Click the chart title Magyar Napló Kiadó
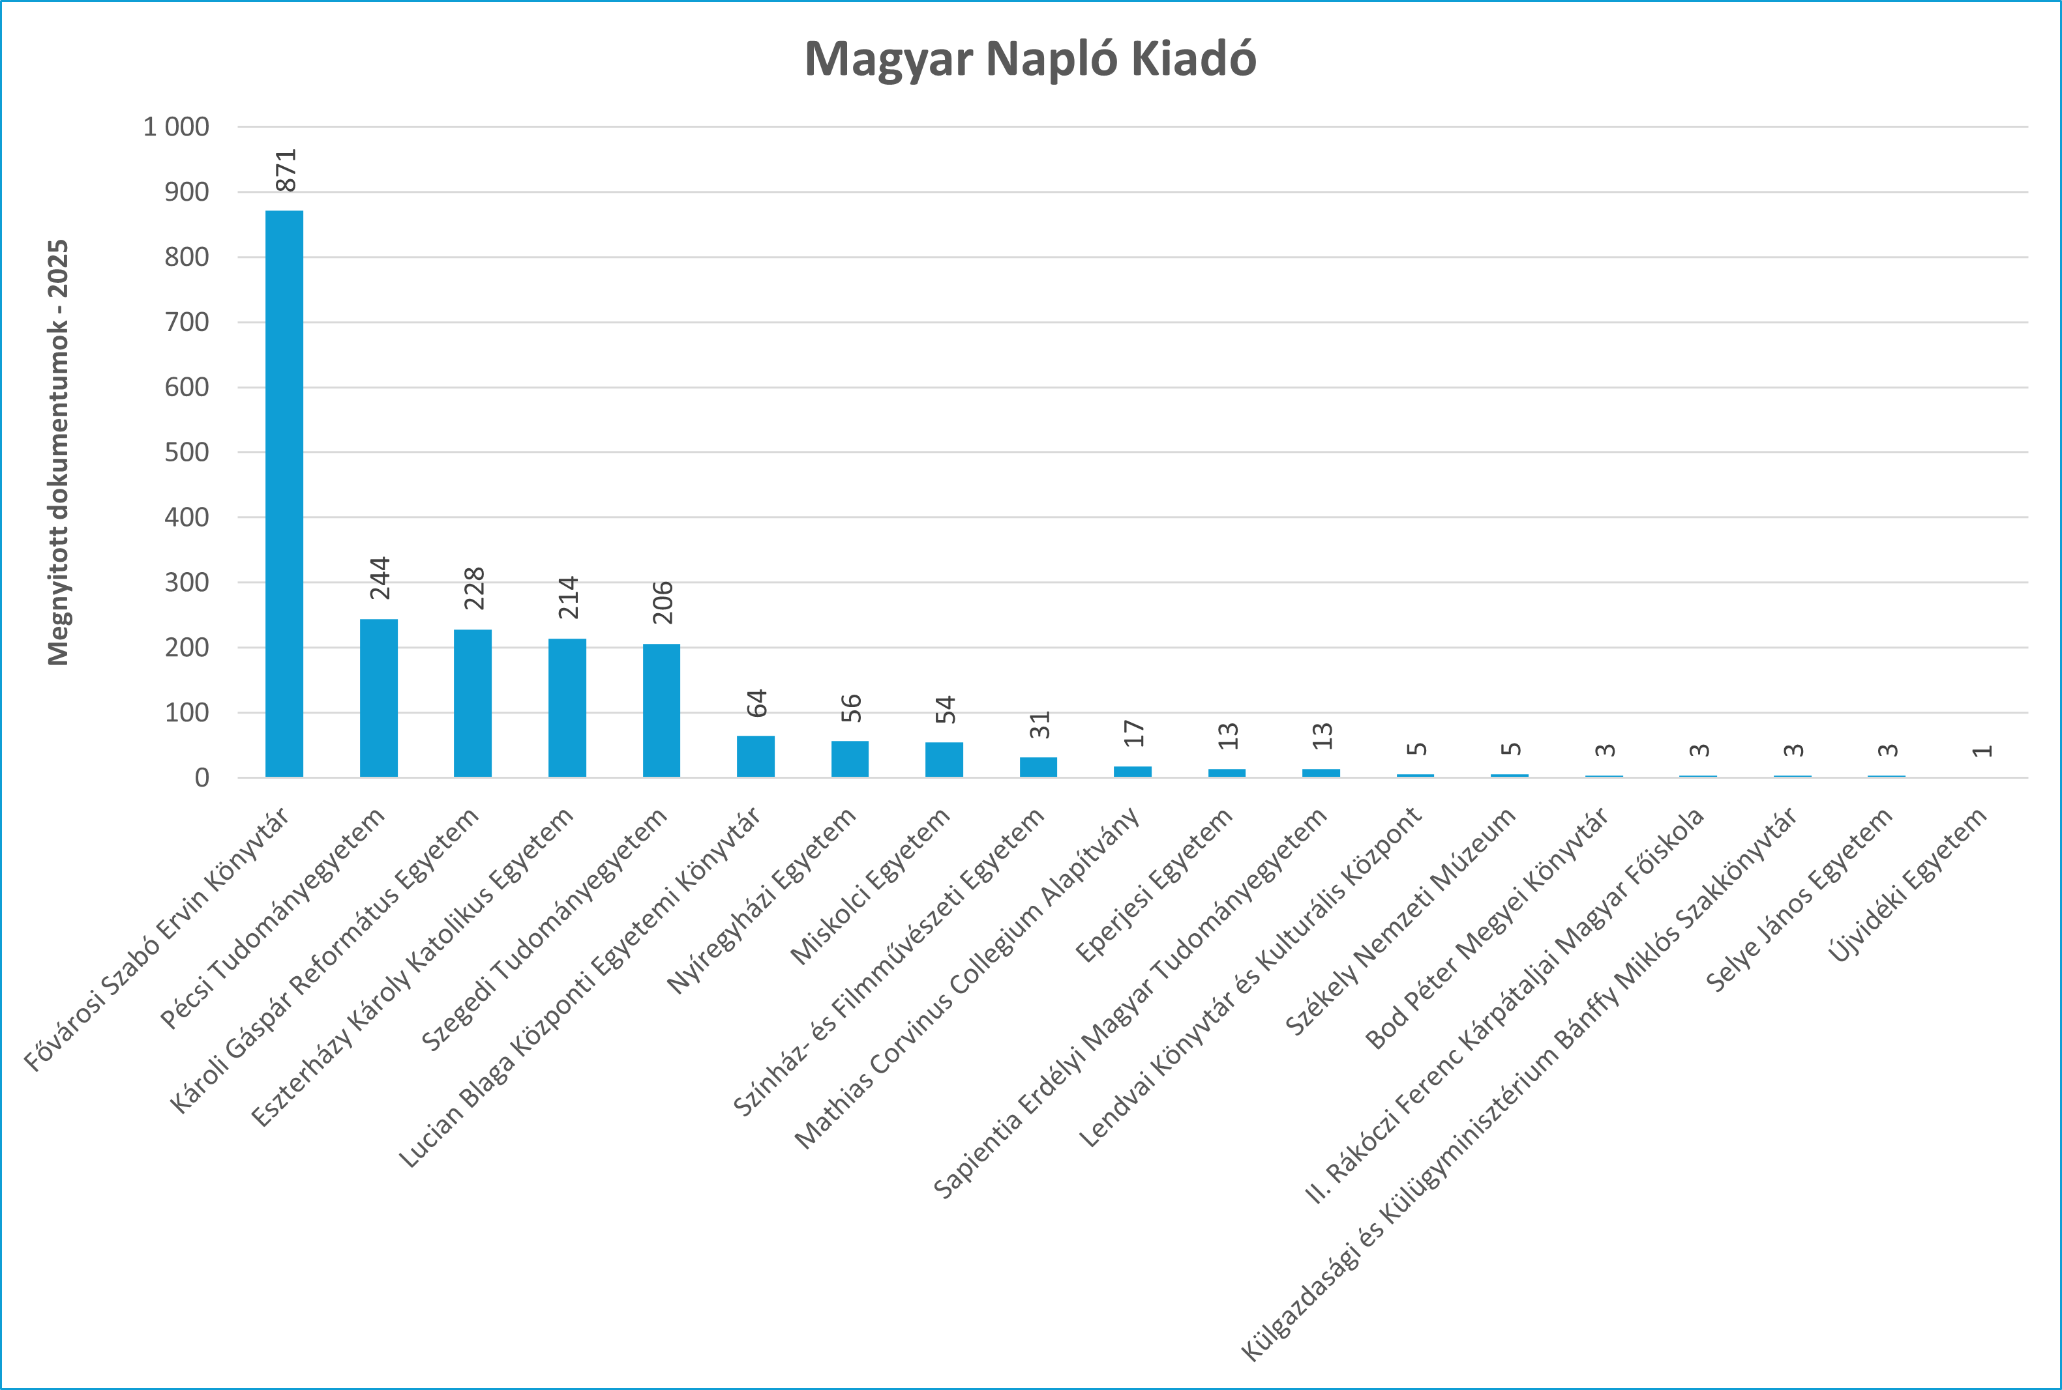(1030, 59)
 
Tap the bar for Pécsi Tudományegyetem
(379, 698)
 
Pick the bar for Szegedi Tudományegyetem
(662, 710)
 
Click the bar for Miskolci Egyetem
(944, 760)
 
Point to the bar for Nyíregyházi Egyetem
(850, 759)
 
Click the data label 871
(286, 170)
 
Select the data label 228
(475, 588)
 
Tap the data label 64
(756, 704)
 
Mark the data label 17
(1133, 733)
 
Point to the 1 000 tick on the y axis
(177, 127)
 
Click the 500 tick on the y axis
(187, 452)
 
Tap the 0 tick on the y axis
(202, 777)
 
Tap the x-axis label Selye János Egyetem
(1799, 900)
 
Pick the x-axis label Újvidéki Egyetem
(1907, 886)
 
